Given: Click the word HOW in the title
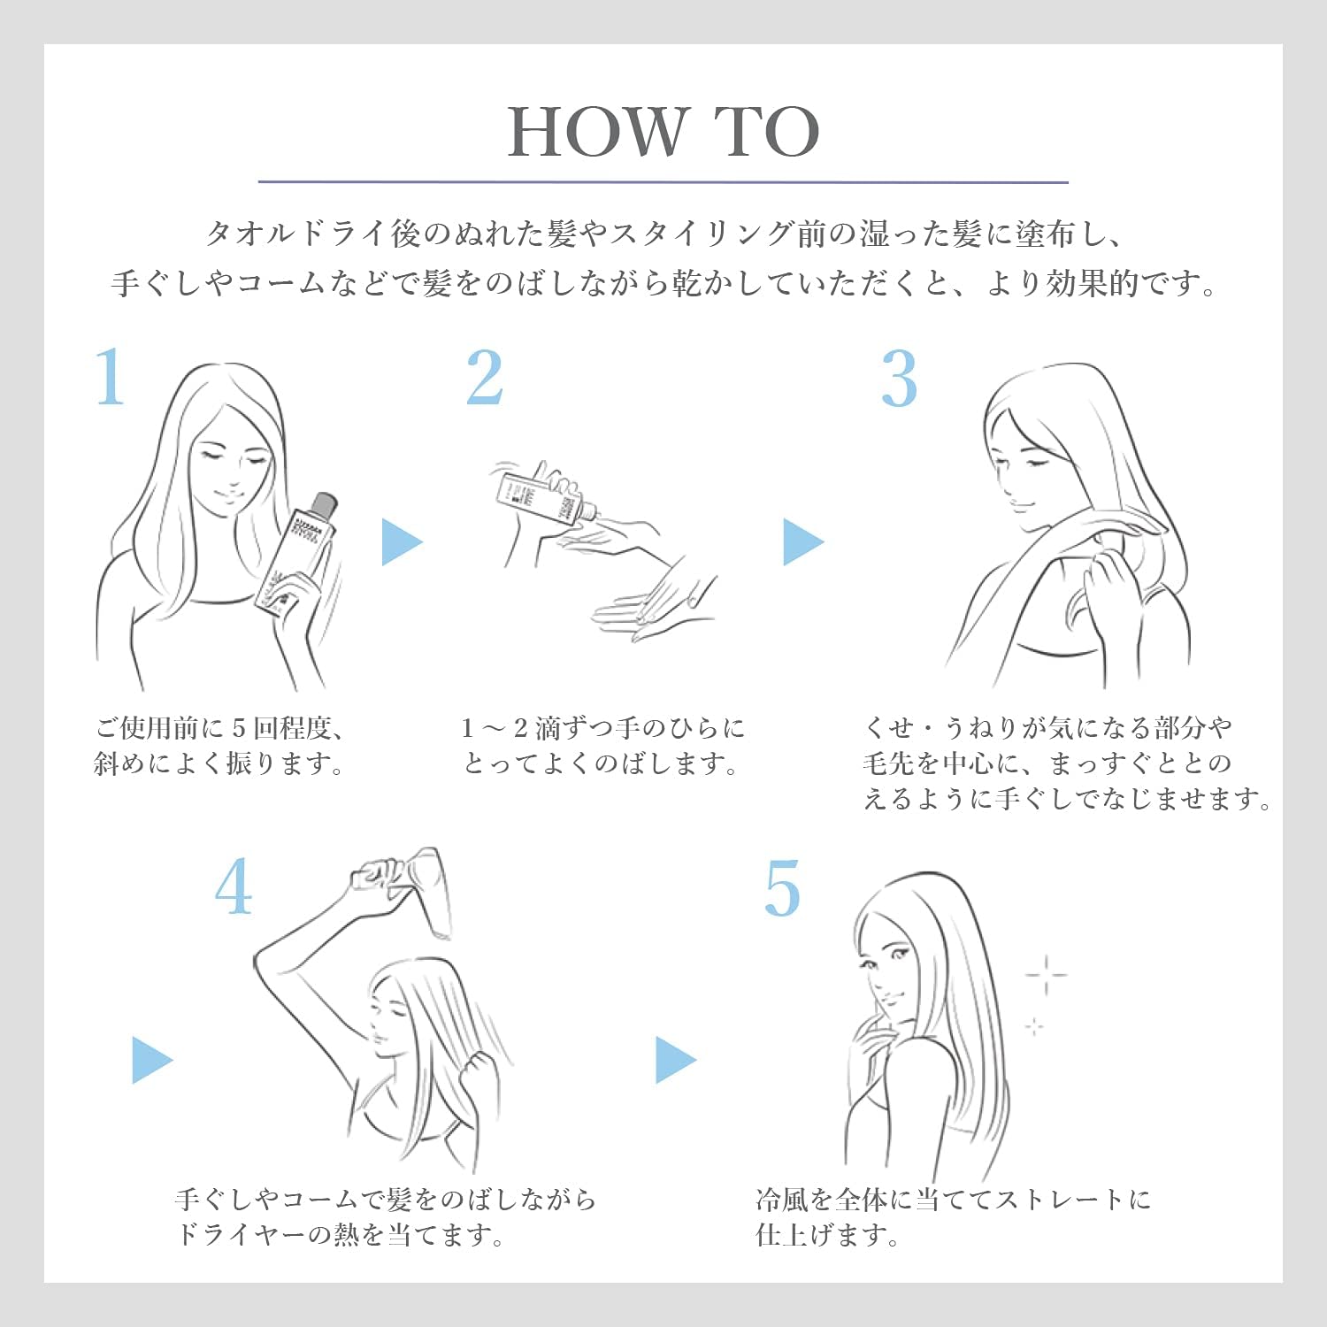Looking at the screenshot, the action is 598,132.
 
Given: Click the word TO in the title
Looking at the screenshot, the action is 768,132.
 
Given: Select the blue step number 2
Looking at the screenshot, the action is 485,377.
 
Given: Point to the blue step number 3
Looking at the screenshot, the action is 899,379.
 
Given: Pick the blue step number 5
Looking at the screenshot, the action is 782,888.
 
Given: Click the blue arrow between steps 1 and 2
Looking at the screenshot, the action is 403,541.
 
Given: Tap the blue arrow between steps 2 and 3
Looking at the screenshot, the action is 803,541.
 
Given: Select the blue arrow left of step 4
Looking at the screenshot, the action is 152,1059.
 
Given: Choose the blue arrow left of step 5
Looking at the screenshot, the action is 676,1059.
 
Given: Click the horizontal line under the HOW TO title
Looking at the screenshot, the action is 663,182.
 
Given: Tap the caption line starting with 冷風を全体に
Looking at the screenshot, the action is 954,1199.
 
